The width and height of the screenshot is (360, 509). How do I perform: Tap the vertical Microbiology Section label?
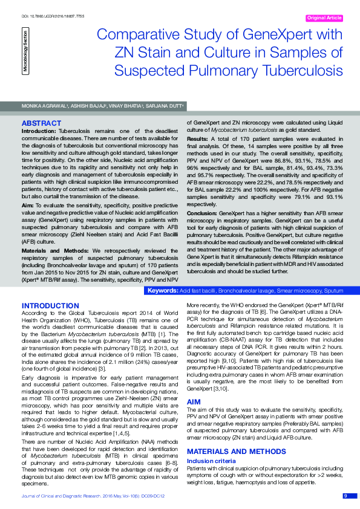pyautogui.click(x=25, y=56)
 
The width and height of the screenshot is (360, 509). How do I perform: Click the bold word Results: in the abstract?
pyautogui.click(x=197, y=138)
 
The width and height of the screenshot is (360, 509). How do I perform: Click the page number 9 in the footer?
pyautogui.click(x=345, y=496)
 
